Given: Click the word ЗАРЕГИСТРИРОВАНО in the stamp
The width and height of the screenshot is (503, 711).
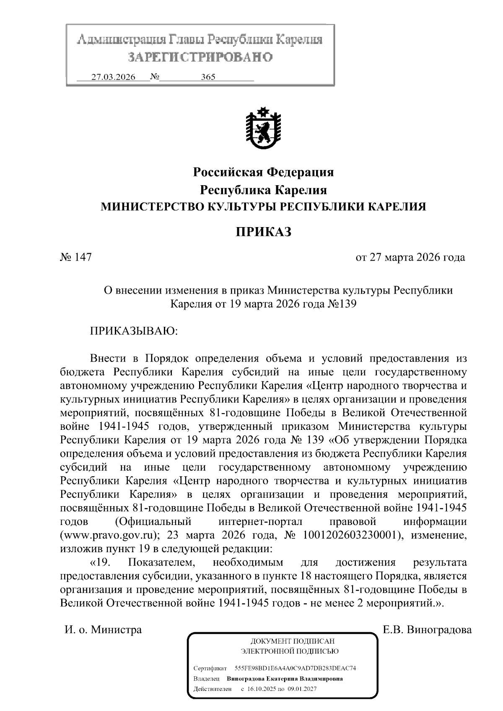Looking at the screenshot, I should [200, 57].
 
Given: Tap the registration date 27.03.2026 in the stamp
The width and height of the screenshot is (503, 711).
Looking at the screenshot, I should [114, 77].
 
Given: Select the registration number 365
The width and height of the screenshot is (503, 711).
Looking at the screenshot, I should [208, 77].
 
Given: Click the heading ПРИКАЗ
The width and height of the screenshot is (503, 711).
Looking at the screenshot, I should [263, 232].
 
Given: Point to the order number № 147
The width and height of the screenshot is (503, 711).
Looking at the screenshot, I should [76, 257].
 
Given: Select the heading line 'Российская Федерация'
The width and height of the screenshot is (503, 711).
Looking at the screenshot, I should [263, 172].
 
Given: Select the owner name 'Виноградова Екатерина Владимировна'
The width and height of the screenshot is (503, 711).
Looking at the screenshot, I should [285, 678].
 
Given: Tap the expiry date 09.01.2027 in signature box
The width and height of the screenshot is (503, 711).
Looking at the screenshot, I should [301, 689].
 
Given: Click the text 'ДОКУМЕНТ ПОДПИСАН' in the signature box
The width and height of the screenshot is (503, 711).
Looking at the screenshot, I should [292, 641].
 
